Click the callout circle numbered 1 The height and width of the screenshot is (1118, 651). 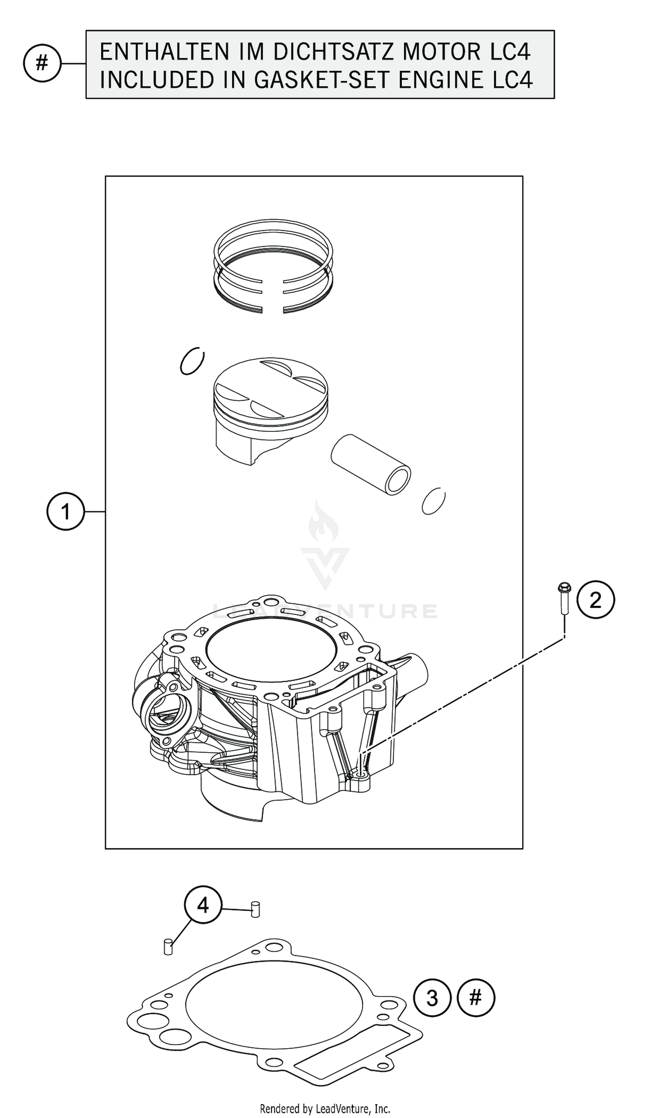[65, 512]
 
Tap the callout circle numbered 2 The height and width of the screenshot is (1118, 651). [595, 600]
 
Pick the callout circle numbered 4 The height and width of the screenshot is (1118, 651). [203, 905]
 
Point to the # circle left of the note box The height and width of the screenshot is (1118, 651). [42, 63]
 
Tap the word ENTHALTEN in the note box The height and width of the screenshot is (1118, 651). [164, 53]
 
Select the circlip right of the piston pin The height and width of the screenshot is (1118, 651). [433, 501]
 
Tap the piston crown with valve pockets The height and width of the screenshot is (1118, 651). [271, 387]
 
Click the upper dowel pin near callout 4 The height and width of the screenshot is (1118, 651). [255, 909]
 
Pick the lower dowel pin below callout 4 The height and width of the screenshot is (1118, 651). [168, 947]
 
